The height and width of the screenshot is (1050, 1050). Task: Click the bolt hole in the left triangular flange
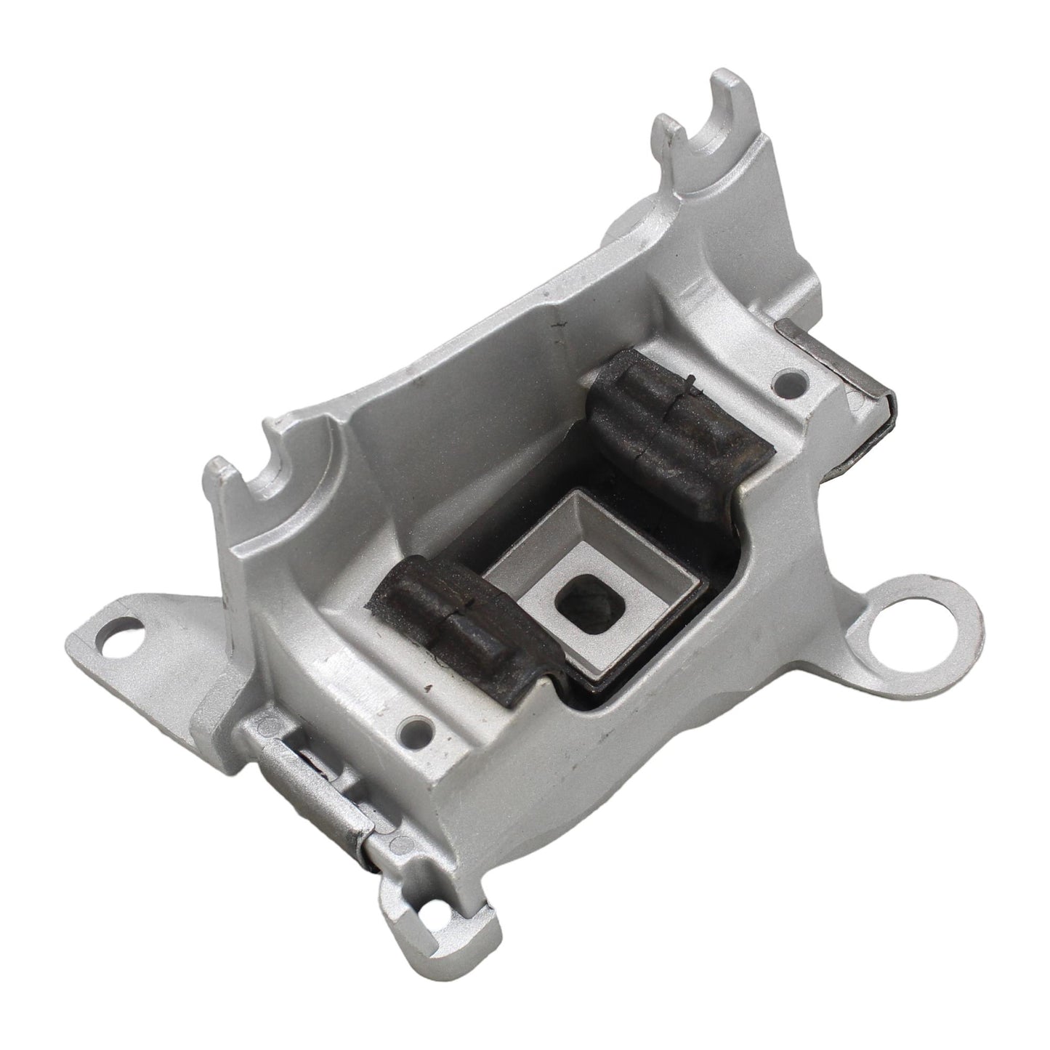(x=125, y=624)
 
